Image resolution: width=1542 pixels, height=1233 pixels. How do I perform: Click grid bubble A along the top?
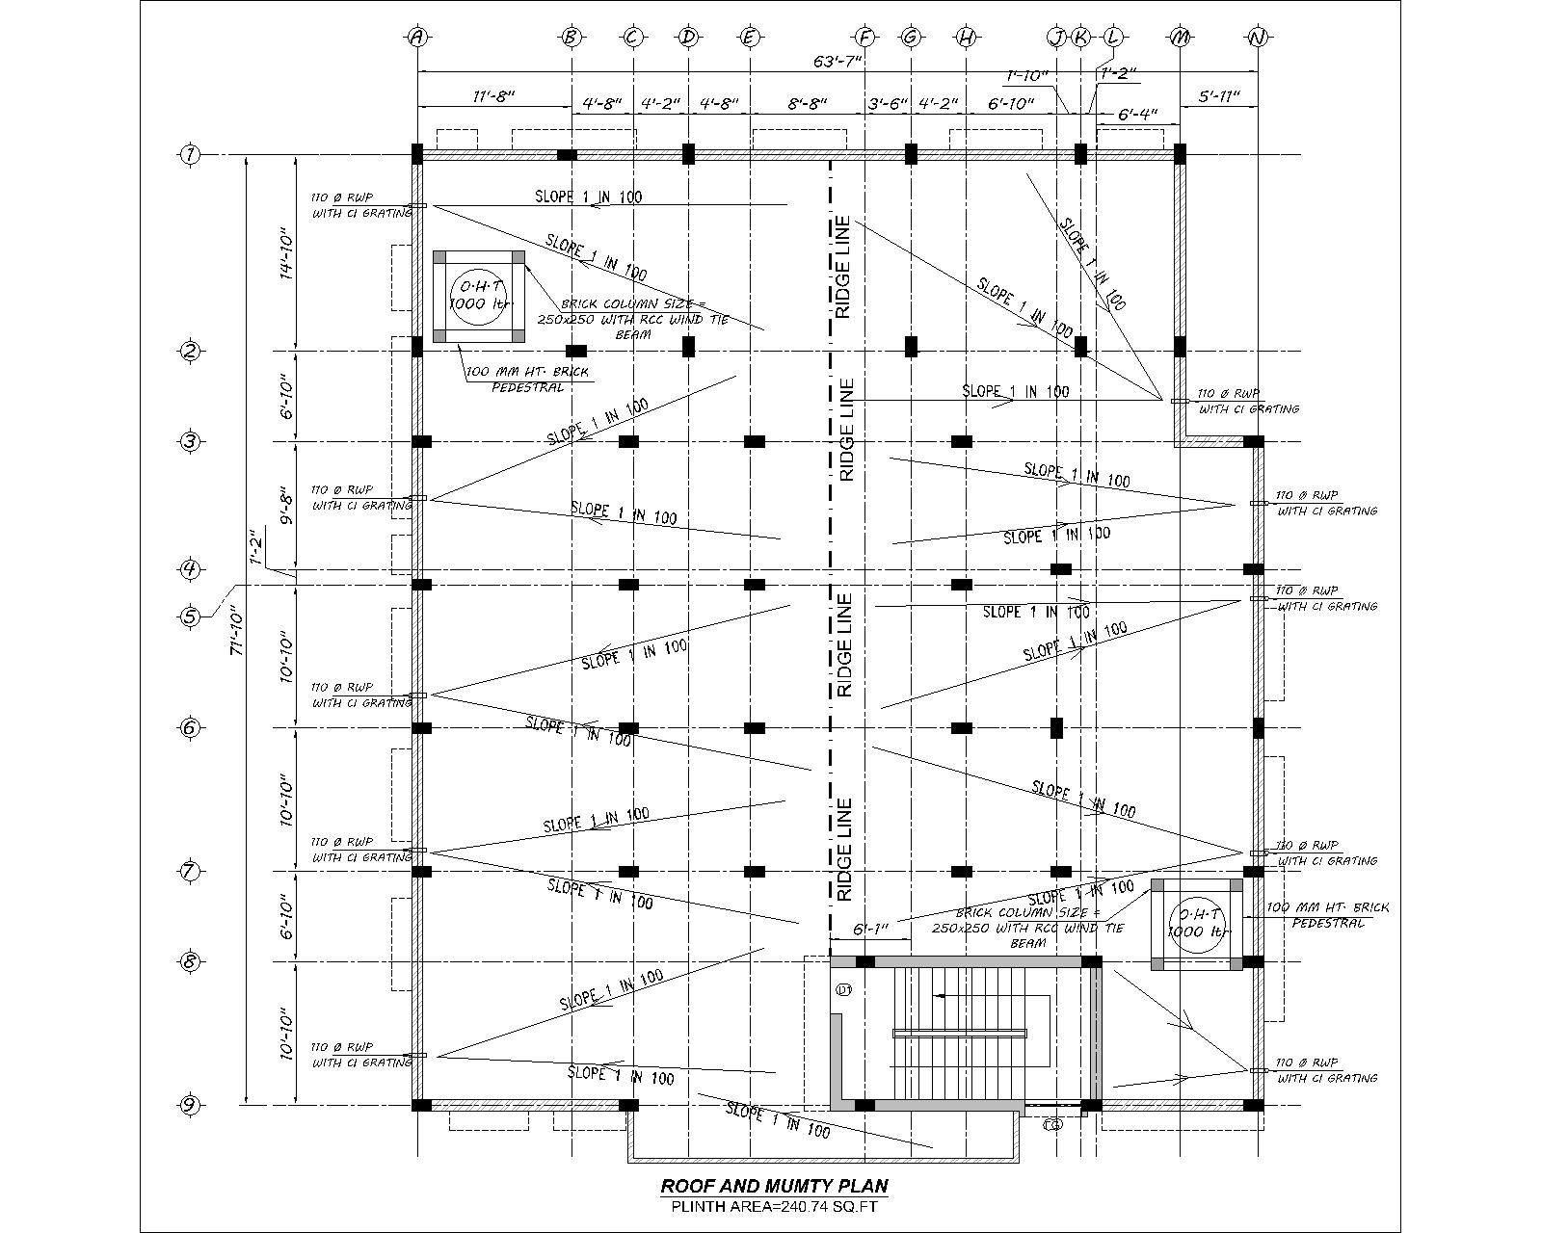coord(417,38)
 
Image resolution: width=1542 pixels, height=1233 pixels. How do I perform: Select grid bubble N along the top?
coord(1257,38)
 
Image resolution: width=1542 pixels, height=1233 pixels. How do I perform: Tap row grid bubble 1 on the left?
coord(191,154)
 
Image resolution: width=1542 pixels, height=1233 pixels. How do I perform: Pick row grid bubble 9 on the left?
coord(191,1105)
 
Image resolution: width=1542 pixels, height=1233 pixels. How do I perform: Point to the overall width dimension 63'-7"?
coord(837,62)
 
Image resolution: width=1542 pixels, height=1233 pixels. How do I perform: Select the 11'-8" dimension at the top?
coord(493,97)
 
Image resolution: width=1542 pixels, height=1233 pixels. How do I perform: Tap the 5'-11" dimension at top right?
coord(1218,97)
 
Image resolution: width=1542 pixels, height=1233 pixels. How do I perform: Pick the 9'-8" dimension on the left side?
coord(285,506)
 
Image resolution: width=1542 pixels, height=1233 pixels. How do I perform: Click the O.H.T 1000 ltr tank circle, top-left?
coord(479,296)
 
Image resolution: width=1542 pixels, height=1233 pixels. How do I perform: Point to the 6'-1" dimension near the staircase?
coord(869,930)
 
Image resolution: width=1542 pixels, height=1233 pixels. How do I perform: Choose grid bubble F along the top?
coord(865,38)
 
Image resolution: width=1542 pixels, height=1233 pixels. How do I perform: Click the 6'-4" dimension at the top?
coord(1137,115)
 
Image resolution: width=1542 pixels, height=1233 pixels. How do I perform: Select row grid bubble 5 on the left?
coord(191,616)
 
